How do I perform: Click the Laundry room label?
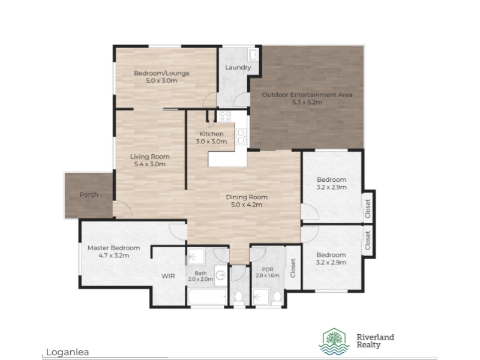pyautogui.click(x=238, y=67)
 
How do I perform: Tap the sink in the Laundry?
pyautogui.click(x=253, y=55)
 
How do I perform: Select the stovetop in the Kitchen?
pyautogui.click(x=225, y=116)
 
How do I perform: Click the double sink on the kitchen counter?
pyautogui.click(x=241, y=137)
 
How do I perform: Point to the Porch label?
pyautogui.click(x=89, y=194)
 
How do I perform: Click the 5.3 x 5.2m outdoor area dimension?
pyautogui.click(x=307, y=102)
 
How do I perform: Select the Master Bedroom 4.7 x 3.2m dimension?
pyautogui.click(x=114, y=256)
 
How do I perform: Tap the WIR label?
pyautogui.click(x=168, y=276)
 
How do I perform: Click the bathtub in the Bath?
pyautogui.click(x=207, y=296)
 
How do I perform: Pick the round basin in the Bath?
pyautogui.click(x=220, y=275)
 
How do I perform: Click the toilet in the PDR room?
pyautogui.click(x=277, y=298)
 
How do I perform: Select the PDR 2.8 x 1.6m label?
pyautogui.click(x=268, y=272)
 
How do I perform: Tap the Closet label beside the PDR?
pyautogui.click(x=293, y=268)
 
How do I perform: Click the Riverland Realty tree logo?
pyautogui.click(x=334, y=341)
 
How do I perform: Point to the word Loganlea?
pyautogui.click(x=67, y=352)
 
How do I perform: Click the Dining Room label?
pyautogui.click(x=247, y=197)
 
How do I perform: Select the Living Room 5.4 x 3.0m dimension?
pyautogui.click(x=150, y=164)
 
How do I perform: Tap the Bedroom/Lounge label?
pyautogui.click(x=161, y=73)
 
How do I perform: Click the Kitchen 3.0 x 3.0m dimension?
pyautogui.click(x=211, y=142)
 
